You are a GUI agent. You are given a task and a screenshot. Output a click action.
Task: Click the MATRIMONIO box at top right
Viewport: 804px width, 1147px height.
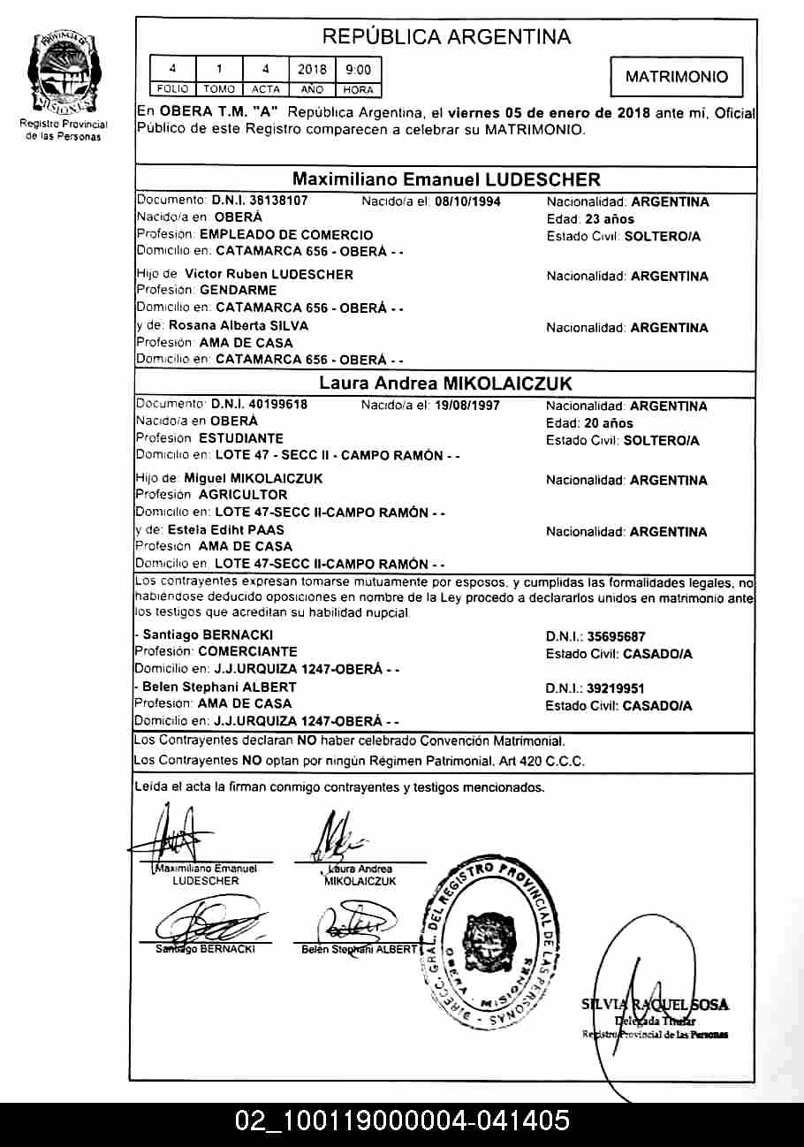pos(677,77)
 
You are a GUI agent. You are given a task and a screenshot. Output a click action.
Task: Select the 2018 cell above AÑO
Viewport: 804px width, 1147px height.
pos(312,70)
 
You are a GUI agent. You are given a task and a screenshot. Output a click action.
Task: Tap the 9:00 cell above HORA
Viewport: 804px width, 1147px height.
pos(358,70)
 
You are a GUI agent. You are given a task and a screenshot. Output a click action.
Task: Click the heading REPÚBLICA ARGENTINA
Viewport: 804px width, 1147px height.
pos(446,37)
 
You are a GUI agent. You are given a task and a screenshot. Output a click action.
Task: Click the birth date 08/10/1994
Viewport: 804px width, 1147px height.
pos(467,201)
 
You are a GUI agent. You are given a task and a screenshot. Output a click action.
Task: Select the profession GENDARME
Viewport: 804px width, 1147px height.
pos(238,290)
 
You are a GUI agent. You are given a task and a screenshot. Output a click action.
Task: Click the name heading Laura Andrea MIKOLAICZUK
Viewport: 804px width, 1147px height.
pos(445,384)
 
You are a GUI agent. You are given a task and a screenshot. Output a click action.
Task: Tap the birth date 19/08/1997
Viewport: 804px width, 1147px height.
pos(467,406)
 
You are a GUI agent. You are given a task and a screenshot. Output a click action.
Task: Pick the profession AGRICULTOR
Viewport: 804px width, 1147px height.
pos(243,495)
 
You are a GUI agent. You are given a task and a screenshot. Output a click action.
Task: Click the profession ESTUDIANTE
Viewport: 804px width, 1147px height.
pos(241,438)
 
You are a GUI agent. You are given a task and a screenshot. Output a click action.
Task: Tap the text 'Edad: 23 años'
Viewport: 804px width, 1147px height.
pos(590,219)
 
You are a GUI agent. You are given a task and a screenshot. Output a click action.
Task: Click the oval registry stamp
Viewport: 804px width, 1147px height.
pos(489,940)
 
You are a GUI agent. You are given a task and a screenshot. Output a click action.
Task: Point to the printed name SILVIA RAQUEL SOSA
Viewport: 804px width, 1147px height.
pos(655,1005)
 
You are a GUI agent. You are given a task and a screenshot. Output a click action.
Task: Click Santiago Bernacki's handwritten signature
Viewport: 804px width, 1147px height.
pos(204,924)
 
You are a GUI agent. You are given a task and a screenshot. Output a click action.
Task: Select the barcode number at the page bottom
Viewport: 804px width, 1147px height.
pos(402,1121)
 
